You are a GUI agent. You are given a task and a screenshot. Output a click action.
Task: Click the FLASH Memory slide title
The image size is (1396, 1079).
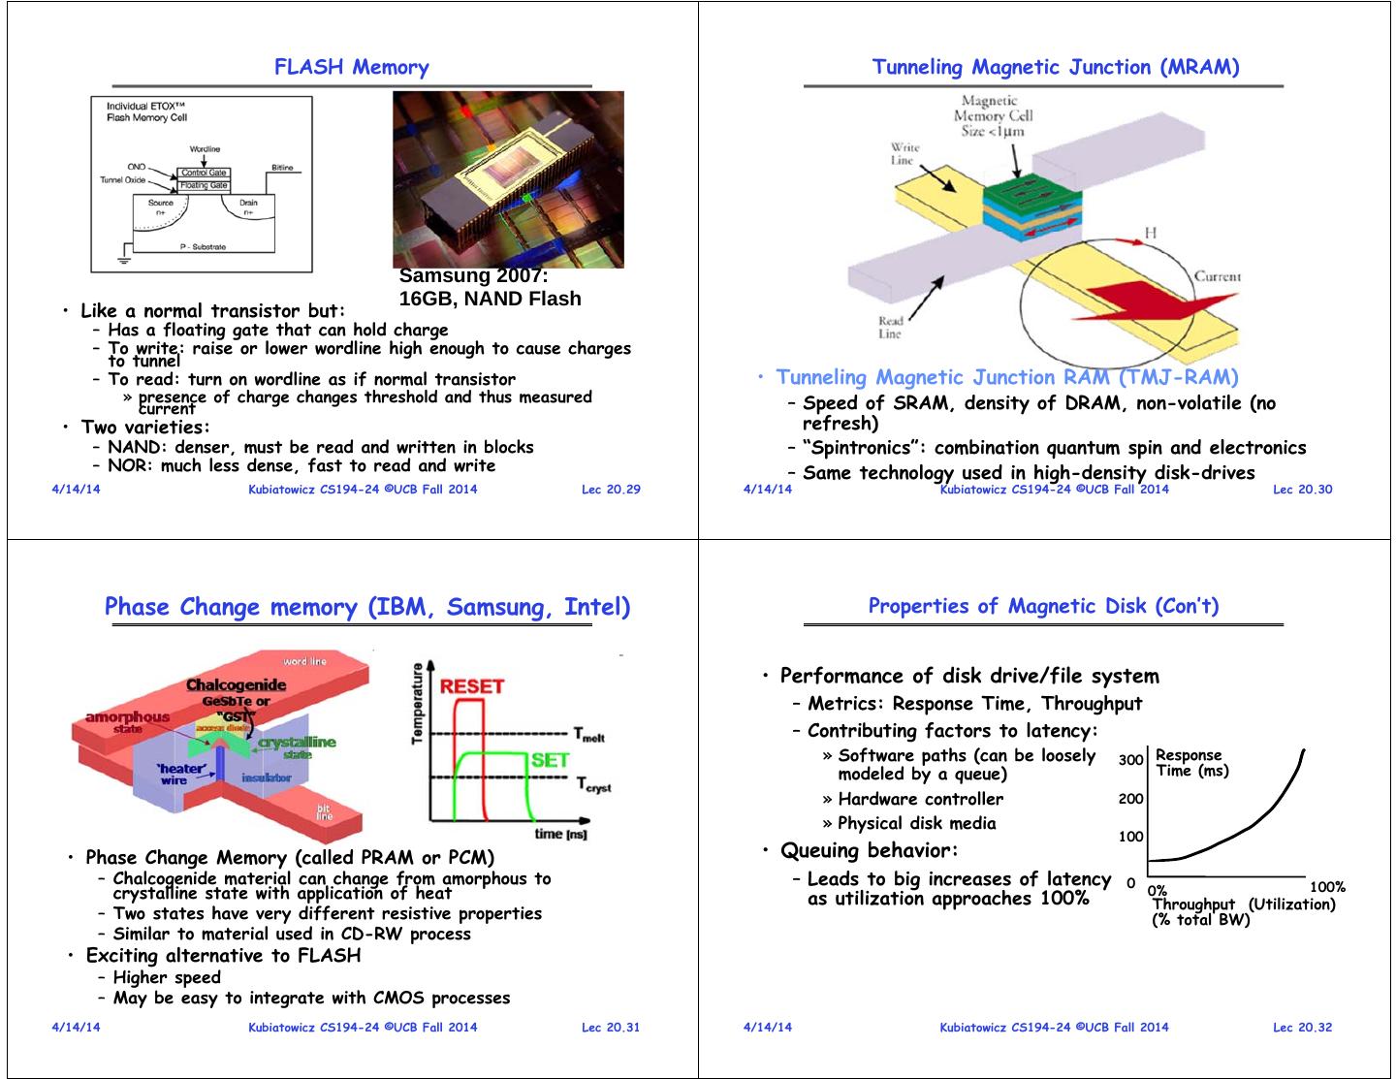[x=351, y=67]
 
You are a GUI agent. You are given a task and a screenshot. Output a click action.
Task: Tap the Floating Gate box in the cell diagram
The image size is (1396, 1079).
[x=204, y=185]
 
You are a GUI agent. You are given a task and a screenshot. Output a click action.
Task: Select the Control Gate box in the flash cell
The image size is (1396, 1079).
[x=204, y=173]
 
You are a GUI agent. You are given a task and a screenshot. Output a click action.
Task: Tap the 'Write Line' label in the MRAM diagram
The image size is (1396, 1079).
[x=904, y=153]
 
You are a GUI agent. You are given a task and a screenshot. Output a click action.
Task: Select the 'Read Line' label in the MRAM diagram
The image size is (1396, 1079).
[x=890, y=327]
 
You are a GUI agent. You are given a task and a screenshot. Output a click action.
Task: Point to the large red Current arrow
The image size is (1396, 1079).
[x=1144, y=305]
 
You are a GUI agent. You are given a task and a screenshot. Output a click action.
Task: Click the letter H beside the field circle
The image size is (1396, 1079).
[x=1150, y=233]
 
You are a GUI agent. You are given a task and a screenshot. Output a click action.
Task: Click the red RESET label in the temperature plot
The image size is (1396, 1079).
[x=471, y=686]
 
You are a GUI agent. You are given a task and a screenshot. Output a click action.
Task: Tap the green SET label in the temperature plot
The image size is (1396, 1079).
[x=550, y=760]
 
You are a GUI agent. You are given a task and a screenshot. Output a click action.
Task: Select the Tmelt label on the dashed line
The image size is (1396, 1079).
[x=589, y=735]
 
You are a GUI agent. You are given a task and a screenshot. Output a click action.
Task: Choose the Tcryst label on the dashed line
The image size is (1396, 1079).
[x=593, y=784]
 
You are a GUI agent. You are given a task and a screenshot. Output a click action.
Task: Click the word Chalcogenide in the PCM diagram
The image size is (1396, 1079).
[x=236, y=685]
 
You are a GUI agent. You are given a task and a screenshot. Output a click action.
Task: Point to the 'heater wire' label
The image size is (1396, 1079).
[x=180, y=774]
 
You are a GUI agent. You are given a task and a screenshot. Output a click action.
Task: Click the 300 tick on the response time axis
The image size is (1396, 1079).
[x=1130, y=759]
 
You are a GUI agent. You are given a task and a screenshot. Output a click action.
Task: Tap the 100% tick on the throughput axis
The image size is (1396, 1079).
[x=1326, y=887]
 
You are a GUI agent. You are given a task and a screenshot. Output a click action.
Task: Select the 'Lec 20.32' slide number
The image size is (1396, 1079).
[x=1302, y=1027]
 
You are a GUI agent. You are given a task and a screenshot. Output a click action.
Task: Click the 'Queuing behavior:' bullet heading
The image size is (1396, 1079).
[x=869, y=850]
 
